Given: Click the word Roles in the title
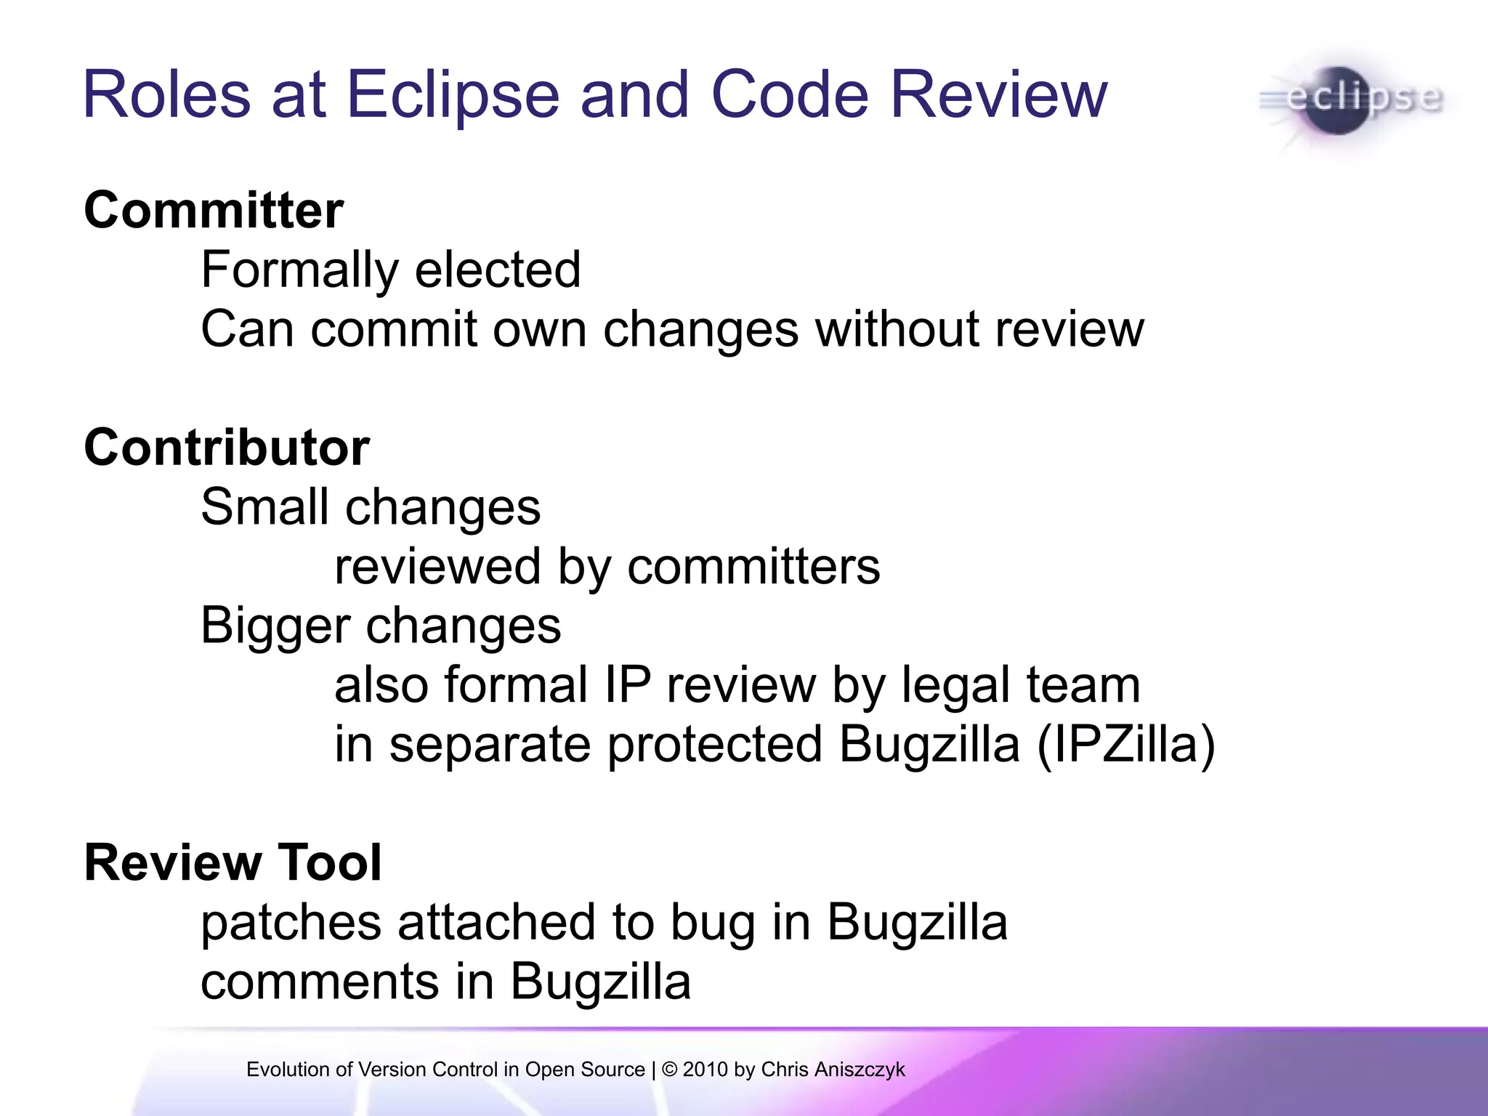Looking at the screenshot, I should (x=167, y=94).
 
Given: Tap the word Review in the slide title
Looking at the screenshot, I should (x=998, y=94).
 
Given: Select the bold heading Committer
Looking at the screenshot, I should (x=214, y=211).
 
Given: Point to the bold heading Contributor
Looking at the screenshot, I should (x=227, y=448).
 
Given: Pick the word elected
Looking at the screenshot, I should (x=498, y=270).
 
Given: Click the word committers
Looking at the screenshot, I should (x=753, y=567).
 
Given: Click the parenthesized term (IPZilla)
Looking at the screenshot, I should (x=1125, y=745).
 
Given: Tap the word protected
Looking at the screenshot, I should (x=715, y=745).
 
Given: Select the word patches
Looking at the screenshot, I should (x=291, y=923).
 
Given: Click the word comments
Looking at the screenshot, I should (x=320, y=982).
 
